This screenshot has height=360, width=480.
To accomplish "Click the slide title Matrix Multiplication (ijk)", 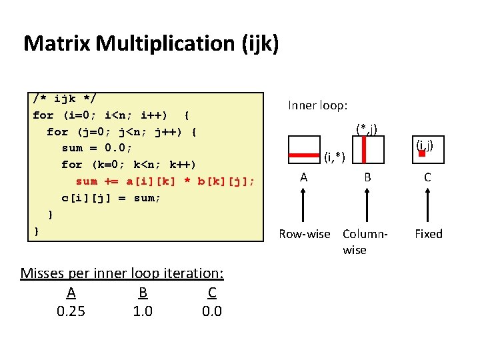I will pyautogui.click(x=151, y=44).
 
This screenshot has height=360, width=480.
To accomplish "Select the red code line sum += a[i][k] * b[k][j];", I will pyautogui.click(x=165, y=181).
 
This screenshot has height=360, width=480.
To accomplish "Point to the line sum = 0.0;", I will pyautogui.click(x=97, y=148).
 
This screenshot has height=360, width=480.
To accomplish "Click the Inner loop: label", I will pyautogui.click(x=317, y=105).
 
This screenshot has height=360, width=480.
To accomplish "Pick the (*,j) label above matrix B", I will pyautogui.click(x=367, y=128).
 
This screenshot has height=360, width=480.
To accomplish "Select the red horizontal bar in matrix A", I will pyautogui.click(x=303, y=155).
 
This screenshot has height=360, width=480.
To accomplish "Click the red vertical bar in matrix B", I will pyautogui.click(x=363, y=149).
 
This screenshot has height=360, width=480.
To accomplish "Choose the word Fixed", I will pyautogui.click(x=428, y=234).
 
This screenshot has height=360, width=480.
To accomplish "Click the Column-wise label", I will pyautogui.click(x=364, y=241).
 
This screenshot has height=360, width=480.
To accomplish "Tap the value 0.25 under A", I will pyautogui.click(x=71, y=311).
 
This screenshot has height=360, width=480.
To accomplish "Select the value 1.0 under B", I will pyautogui.click(x=143, y=311).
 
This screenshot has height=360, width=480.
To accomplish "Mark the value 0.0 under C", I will pyautogui.click(x=211, y=311).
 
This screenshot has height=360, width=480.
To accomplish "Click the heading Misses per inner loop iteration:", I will pyautogui.click(x=122, y=273).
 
